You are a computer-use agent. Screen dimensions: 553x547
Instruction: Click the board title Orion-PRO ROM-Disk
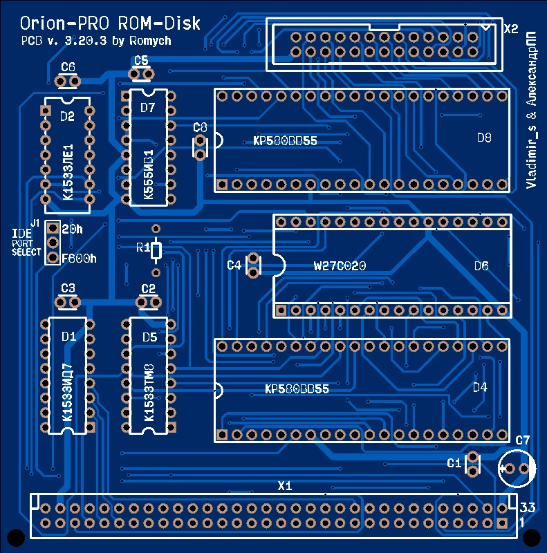point(111,24)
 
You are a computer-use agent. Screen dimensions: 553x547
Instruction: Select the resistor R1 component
point(156,250)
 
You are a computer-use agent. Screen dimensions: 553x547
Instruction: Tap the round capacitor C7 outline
point(516,469)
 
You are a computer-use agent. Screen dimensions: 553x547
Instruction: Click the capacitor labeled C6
point(68,82)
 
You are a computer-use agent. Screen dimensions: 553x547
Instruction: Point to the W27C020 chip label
point(340,265)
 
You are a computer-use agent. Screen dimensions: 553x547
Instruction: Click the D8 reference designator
point(484,138)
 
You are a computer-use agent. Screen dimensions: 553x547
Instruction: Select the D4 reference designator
point(480,388)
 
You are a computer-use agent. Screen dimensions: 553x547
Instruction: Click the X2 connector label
point(511,29)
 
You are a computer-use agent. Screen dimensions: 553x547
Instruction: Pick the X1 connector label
point(285,486)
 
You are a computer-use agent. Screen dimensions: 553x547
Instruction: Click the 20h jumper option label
point(72,229)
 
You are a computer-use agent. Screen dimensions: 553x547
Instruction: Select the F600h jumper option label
point(79,259)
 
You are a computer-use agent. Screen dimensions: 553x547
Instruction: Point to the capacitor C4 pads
point(253,265)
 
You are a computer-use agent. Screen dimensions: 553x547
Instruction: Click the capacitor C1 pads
point(473,464)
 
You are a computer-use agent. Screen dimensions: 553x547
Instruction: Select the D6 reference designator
point(481,265)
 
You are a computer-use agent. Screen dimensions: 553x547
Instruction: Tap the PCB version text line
point(96,41)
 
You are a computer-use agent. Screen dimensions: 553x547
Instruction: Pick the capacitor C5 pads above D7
point(141,74)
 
